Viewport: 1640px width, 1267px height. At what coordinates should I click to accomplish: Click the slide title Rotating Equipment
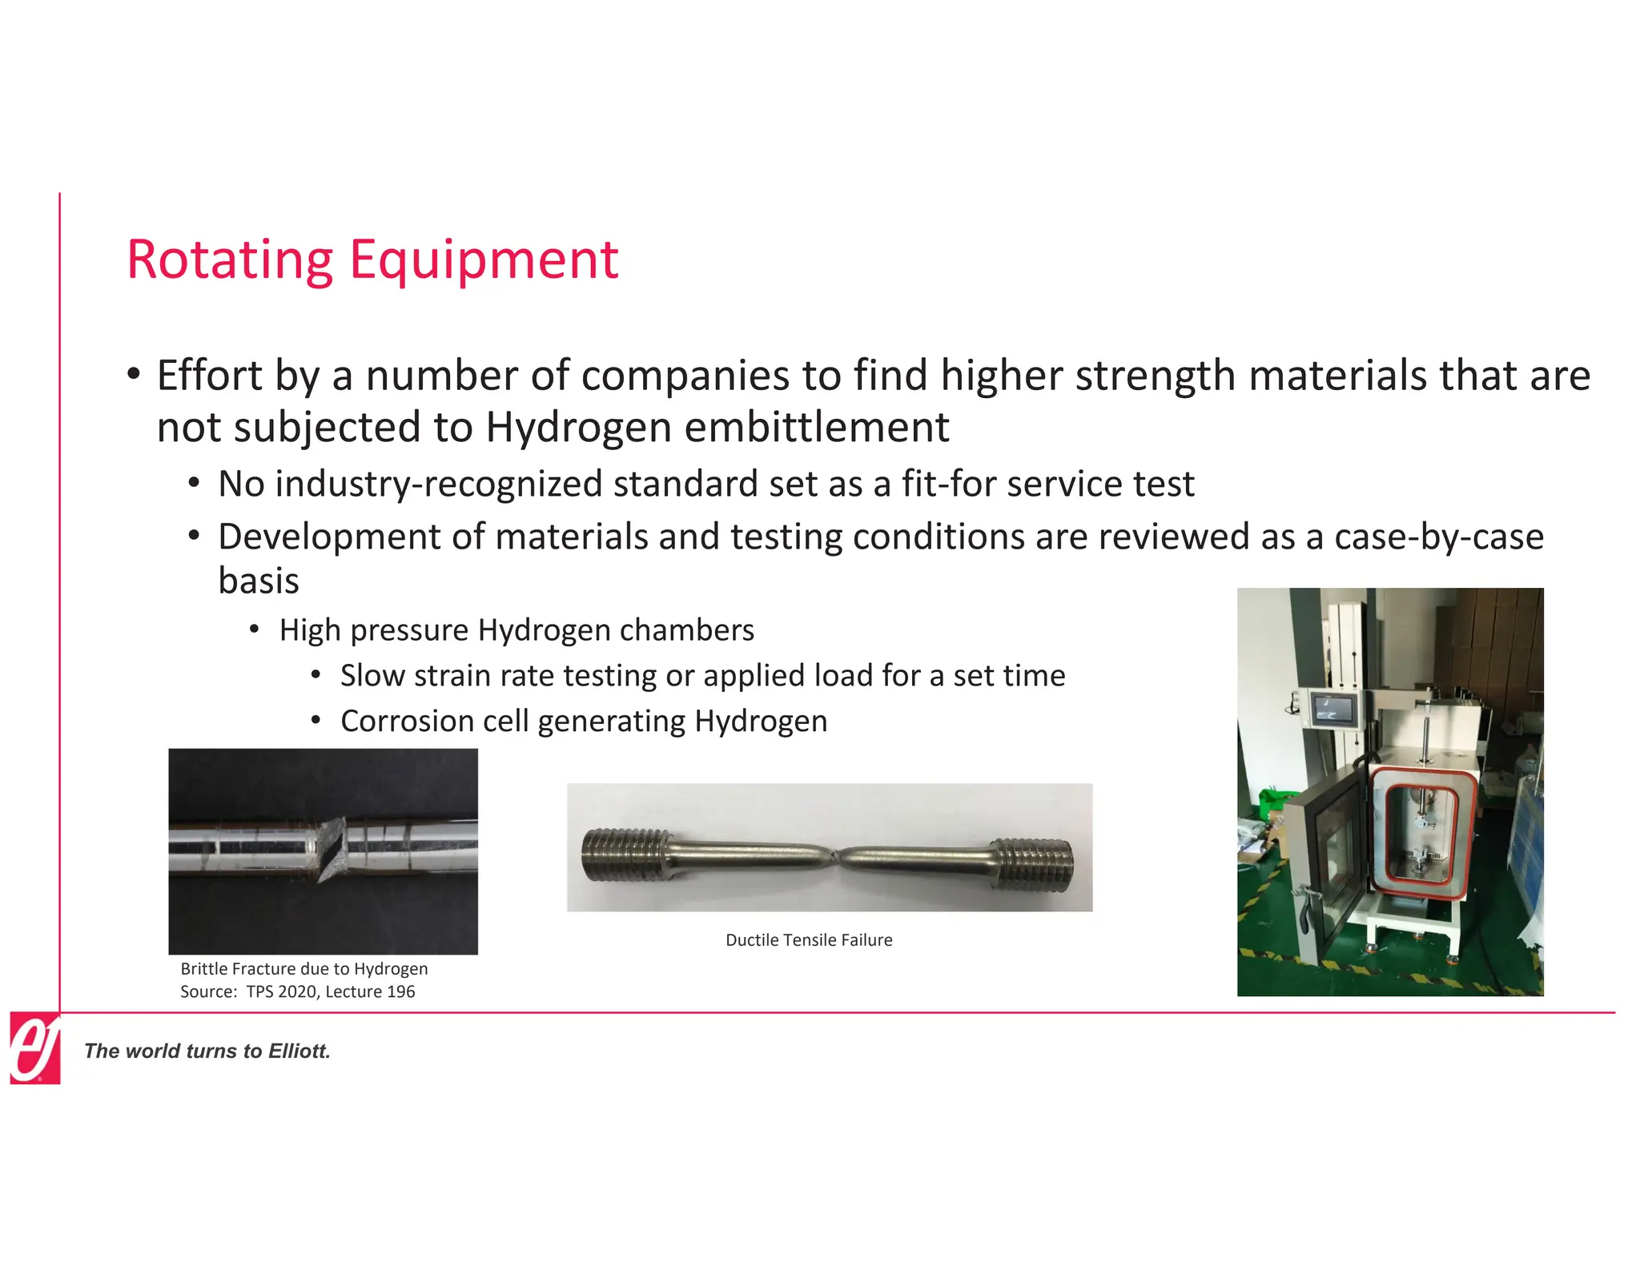(x=372, y=259)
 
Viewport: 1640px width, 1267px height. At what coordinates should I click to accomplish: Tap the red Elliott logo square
(x=34, y=1048)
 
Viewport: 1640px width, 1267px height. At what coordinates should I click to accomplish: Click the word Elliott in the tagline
(x=299, y=1051)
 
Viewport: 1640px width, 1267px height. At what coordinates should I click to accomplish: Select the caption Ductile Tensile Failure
(x=809, y=939)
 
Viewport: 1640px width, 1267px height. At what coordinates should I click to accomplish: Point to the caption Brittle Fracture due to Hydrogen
(x=304, y=968)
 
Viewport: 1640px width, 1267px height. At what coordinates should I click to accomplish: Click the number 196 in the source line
(x=400, y=991)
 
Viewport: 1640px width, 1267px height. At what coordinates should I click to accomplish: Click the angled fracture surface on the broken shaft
(x=332, y=849)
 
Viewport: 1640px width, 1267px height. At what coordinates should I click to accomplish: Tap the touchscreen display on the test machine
(x=1333, y=708)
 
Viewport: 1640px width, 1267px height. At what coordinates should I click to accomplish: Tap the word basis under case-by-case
(x=258, y=581)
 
